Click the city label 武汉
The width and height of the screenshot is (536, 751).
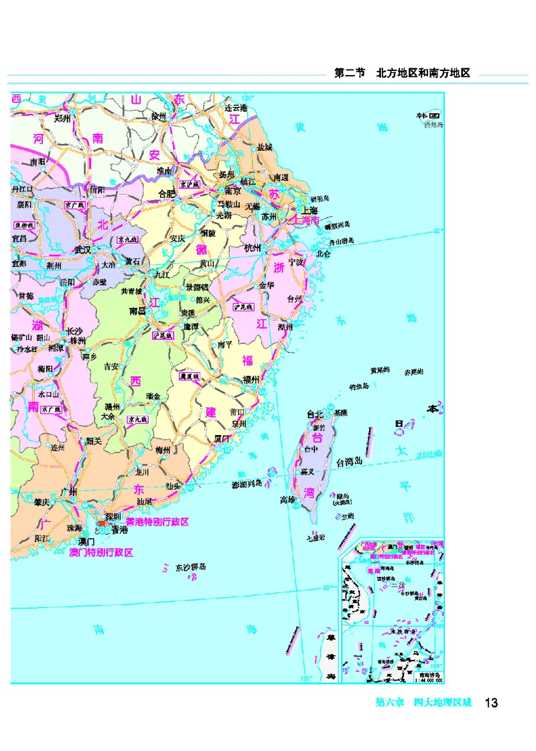82,249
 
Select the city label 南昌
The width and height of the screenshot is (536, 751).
138,311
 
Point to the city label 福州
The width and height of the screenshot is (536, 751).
251,381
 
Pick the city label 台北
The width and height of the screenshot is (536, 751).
315,414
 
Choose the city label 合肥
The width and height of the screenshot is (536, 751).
166,193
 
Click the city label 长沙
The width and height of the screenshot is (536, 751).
74,331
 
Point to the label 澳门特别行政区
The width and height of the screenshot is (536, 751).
101,552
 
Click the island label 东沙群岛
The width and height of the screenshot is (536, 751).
191,568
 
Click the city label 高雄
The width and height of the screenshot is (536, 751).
287,499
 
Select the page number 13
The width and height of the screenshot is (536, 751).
490,703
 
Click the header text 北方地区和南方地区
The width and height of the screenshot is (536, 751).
423,74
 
